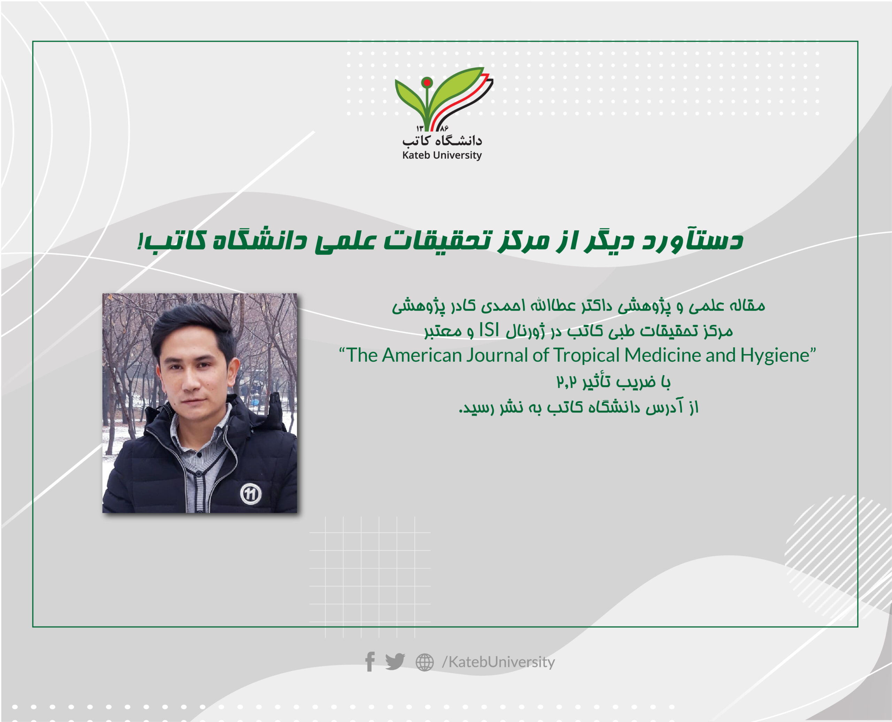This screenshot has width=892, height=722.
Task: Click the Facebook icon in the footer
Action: click(x=370, y=661)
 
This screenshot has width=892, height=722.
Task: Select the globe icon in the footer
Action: click(x=424, y=662)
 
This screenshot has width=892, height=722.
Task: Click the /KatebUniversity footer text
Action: click(x=498, y=662)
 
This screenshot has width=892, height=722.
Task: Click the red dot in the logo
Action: click(x=426, y=83)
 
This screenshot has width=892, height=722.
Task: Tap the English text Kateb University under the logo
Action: click(x=441, y=155)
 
